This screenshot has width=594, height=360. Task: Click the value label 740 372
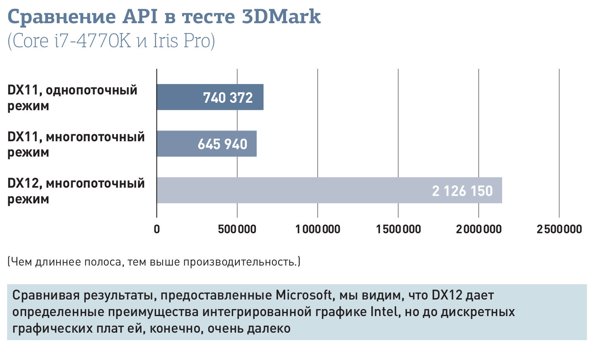(x=228, y=98)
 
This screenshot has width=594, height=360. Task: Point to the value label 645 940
(x=222, y=144)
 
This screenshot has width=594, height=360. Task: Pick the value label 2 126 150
(x=462, y=191)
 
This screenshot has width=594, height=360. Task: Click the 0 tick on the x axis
(x=156, y=229)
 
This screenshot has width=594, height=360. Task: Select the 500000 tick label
(x=237, y=229)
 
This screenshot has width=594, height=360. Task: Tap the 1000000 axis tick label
(x=317, y=229)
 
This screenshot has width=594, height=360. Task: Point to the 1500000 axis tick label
(x=398, y=229)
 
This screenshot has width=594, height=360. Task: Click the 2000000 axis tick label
(x=479, y=229)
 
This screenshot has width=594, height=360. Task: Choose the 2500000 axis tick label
(x=559, y=229)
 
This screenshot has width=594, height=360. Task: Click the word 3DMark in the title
(x=281, y=17)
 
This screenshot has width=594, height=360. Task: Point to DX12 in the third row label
(x=23, y=183)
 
